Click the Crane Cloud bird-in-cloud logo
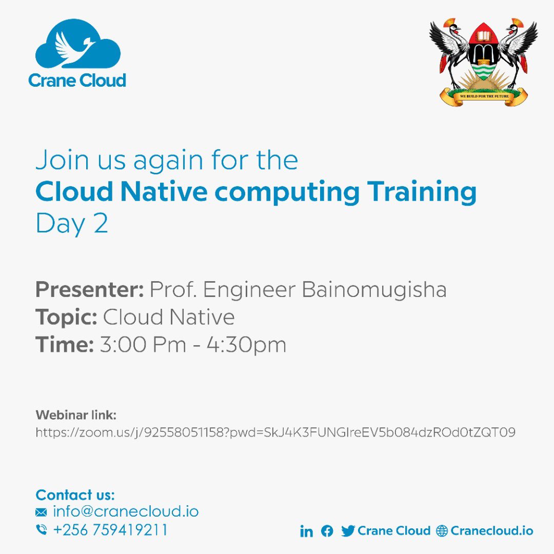[x=77, y=46]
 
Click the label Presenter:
[x=90, y=290]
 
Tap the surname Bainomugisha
[x=374, y=290]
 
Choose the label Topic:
[x=66, y=317]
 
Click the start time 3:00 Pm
[x=143, y=345]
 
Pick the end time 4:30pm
[x=246, y=345]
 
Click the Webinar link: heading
[x=76, y=414]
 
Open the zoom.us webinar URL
[x=275, y=432]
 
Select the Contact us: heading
[x=75, y=495]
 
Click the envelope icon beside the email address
[x=41, y=512]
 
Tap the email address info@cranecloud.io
[x=126, y=511]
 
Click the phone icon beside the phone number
[x=41, y=530]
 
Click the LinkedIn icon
[x=306, y=531]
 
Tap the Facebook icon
[x=327, y=531]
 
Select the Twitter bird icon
[x=348, y=531]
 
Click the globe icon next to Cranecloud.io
[x=442, y=531]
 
